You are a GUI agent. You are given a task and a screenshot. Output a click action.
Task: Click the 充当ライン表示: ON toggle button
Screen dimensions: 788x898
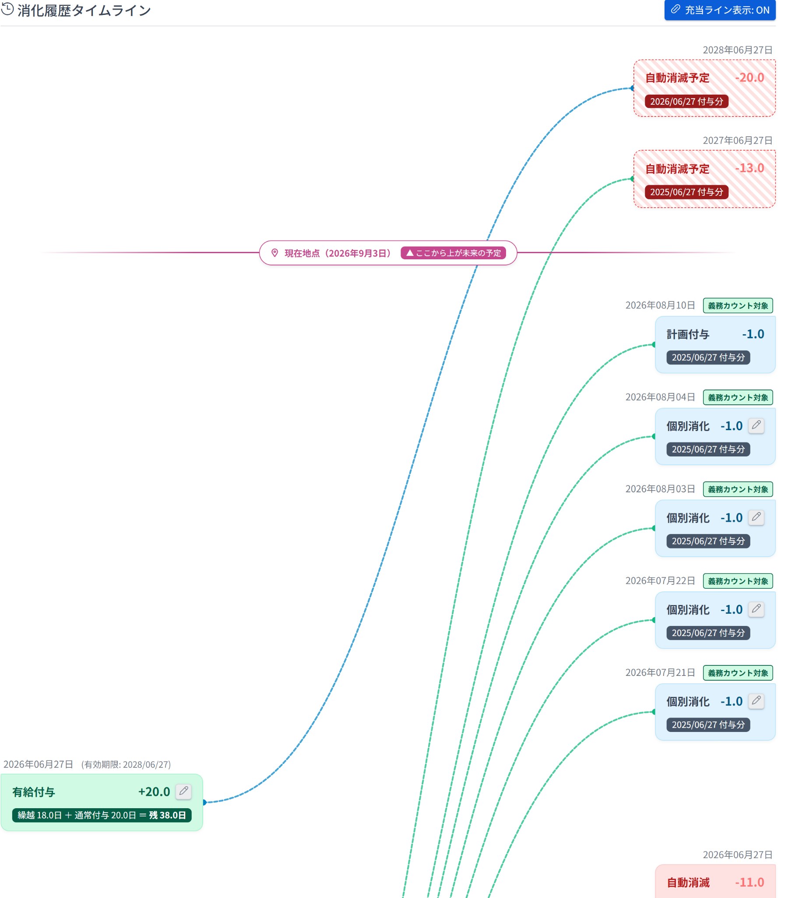pyautogui.click(x=720, y=10)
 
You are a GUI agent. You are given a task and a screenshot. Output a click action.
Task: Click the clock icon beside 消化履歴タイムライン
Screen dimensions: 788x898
pyautogui.click(x=7, y=9)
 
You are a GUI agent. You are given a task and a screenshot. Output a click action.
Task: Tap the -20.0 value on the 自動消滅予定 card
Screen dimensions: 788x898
pyautogui.click(x=749, y=78)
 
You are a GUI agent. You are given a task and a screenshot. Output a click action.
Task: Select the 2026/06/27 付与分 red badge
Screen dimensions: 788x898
pyautogui.click(x=686, y=102)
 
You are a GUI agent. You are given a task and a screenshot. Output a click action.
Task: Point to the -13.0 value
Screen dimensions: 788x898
pyautogui.click(x=749, y=168)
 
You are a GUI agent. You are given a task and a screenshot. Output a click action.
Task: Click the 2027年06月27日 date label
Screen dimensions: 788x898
pyautogui.click(x=737, y=140)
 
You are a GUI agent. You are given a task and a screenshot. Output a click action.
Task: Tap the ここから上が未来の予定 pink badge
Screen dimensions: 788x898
pyautogui.click(x=453, y=253)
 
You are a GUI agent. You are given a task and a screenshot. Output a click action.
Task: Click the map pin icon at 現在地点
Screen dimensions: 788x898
pyautogui.click(x=275, y=253)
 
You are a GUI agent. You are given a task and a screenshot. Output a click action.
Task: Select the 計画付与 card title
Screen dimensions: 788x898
pyautogui.click(x=687, y=334)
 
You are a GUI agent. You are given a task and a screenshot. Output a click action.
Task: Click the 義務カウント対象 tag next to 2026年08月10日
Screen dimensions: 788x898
pyautogui.click(x=738, y=305)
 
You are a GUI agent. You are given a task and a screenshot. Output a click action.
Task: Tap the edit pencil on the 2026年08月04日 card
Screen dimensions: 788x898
pyautogui.click(x=756, y=425)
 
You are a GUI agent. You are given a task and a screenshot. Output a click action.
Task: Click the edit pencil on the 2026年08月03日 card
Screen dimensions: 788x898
pyautogui.click(x=756, y=517)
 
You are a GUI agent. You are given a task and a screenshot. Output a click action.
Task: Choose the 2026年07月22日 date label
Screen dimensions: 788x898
pyautogui.click(x=660, y=581)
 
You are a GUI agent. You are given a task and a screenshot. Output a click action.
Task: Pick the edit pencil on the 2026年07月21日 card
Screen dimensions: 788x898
pyautogui.click(x=756, y=701)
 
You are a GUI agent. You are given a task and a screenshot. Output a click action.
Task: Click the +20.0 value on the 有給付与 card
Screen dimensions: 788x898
pyautogui.click(x=154, y=792)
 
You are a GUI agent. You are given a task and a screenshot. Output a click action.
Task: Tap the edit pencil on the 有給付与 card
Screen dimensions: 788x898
pyautogui.click(x=183, y=791)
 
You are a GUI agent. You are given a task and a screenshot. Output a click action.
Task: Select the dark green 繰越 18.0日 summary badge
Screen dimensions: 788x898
pyautogui.click(x=102, y=815)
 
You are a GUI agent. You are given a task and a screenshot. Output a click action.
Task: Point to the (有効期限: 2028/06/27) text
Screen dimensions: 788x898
pyautogui.click(x=126, y=764)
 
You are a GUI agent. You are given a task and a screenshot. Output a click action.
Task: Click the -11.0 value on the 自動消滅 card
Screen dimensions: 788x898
pyautogui.click(x=749, y=882)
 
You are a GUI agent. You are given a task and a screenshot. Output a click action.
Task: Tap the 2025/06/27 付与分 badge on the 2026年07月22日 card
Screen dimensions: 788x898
pyautogui.click(x=707, y=633)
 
